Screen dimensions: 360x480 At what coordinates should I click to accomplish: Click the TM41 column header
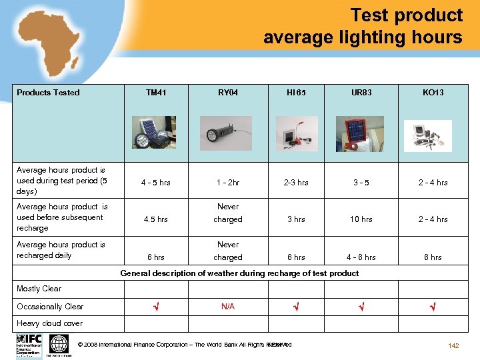(156, 93)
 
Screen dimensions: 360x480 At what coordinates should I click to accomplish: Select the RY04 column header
(228, 93)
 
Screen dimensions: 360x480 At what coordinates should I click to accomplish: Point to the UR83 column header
(361, 93)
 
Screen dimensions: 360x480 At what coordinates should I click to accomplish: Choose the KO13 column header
(433, 93)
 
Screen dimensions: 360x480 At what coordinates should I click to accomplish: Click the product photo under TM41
(154, 132)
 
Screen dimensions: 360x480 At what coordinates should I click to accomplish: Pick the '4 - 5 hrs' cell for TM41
(156, 183)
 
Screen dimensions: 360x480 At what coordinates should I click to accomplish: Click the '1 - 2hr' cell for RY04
(228, 183)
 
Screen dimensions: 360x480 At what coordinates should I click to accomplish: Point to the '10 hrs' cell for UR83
(361, 219)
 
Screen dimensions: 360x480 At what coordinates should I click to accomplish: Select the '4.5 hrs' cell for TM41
(156, 219)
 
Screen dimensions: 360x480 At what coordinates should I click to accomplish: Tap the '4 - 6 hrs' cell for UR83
(361, 257)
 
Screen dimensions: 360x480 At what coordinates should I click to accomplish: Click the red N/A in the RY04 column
(228, 307)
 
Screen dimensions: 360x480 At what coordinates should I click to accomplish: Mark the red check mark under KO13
(433, 307)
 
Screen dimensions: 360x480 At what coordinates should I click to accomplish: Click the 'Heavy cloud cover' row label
(50, 323)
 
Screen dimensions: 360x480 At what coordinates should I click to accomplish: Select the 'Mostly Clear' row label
(39, 289)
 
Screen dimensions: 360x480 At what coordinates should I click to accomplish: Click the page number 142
(454, 345)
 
